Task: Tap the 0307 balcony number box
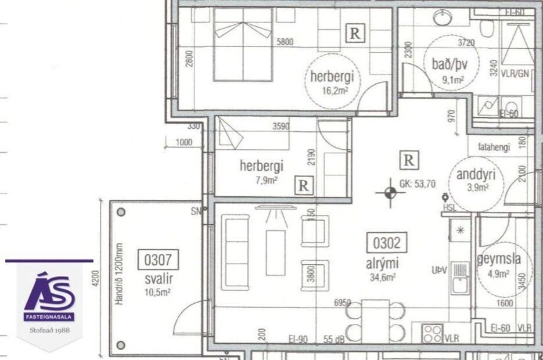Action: click(x=159, y=260)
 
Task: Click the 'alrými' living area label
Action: click(x=382, y=263)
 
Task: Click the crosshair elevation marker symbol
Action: click(x=390, y=193)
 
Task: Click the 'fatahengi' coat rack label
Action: click(x=494, y=147)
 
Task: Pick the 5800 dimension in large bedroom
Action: click(x=286, y=41)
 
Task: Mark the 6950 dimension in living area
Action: click(x=344, y=303)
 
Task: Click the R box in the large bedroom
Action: click(x=355, y=34)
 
